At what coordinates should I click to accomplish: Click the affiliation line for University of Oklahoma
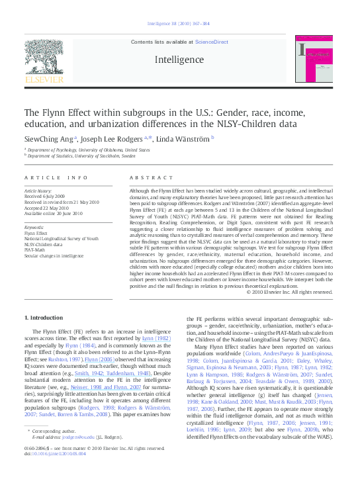pos(89,150)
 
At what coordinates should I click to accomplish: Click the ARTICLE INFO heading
pos(56,178)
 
